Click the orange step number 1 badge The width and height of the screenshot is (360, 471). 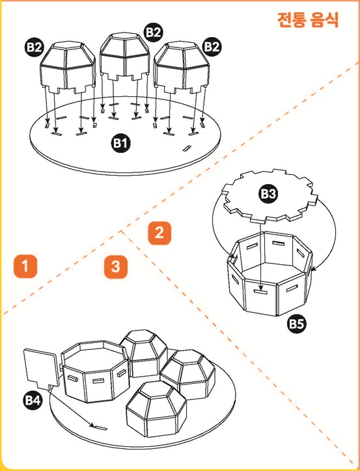25,266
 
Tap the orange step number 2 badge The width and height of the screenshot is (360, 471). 159,233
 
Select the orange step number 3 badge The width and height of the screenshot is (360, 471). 116,267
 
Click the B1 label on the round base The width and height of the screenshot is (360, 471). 121,142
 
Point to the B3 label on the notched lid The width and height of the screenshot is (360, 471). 268,193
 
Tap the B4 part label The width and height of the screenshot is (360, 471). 33,400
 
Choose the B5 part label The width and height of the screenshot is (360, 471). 296,324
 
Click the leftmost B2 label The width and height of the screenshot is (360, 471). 34,47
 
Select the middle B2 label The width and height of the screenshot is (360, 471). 154,32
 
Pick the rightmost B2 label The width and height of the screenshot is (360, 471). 212,47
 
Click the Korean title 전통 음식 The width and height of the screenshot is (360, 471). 308,20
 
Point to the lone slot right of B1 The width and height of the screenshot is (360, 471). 187,148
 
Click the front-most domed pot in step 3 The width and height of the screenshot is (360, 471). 156,409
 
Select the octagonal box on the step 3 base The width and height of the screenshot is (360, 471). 95,371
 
